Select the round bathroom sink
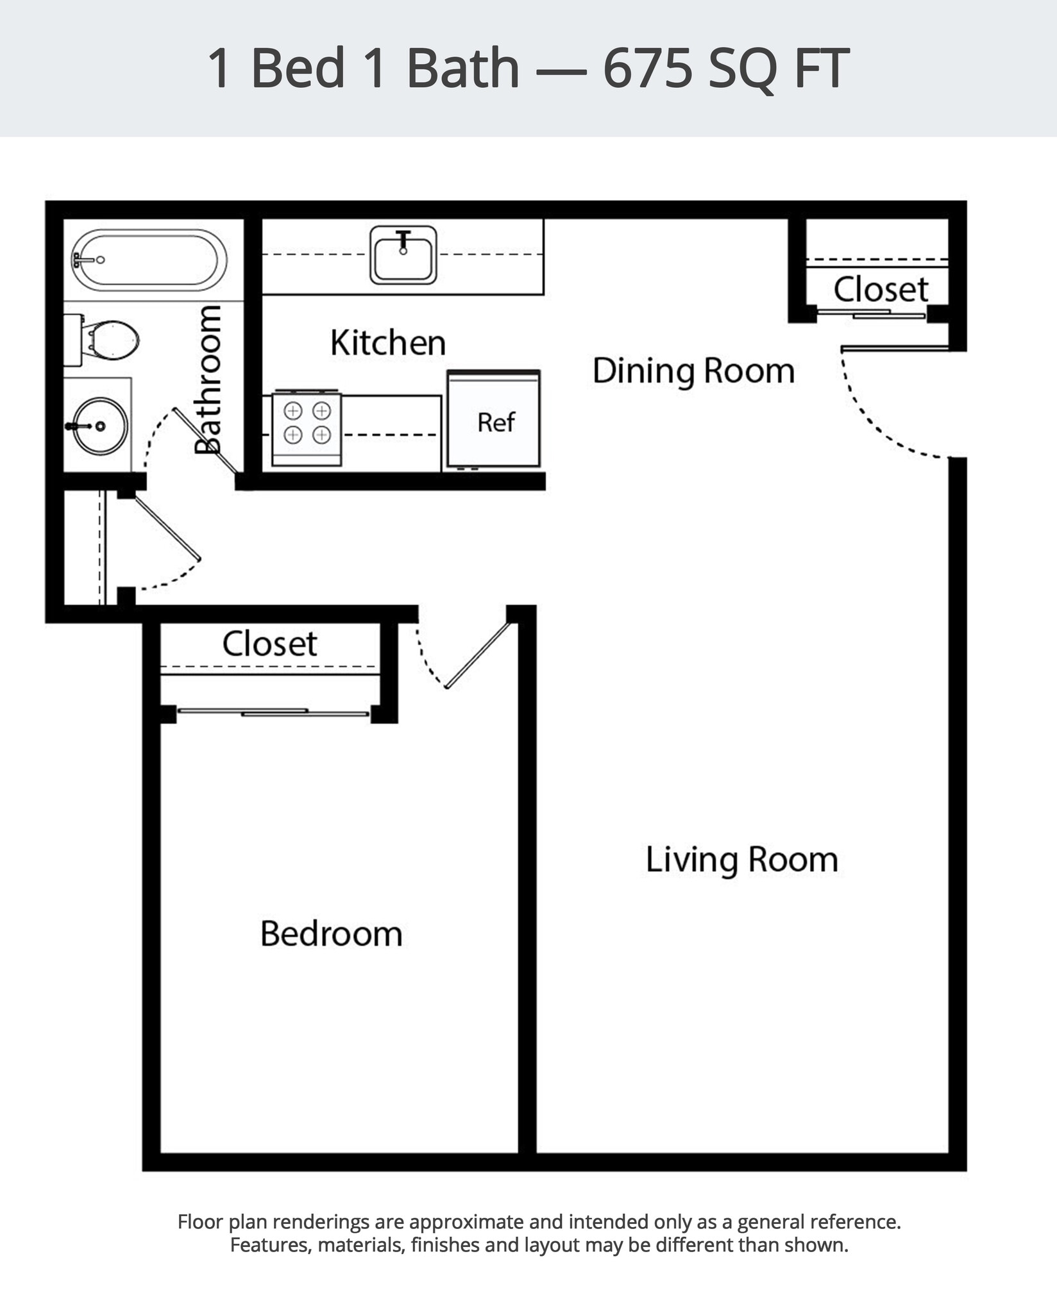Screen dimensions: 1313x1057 click(x=99, y=426)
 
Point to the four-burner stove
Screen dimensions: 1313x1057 click(x=307, y=429)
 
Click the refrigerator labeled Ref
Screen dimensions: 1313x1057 click(x=494, y=421)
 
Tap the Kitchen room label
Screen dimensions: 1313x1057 click(x=387, y=342)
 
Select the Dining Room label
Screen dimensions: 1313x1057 click(x=693, y=371)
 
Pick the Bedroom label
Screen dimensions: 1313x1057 click(x=331, y=933)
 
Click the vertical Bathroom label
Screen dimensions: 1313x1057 click(x=208, y=380)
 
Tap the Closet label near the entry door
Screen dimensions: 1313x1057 click(x=880, y=289)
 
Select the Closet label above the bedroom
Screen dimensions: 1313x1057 click(x=269, y=644)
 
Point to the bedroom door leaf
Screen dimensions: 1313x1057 click(x=478, y=655)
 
